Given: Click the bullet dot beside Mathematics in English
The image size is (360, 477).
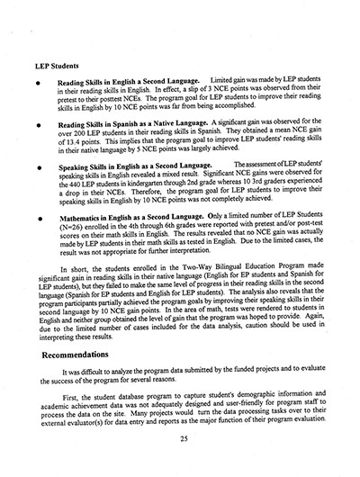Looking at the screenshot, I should click(37, 220).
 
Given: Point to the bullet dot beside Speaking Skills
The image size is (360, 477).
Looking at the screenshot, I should click(37, 166).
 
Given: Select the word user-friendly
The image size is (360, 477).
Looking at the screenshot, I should click(250, 400).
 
